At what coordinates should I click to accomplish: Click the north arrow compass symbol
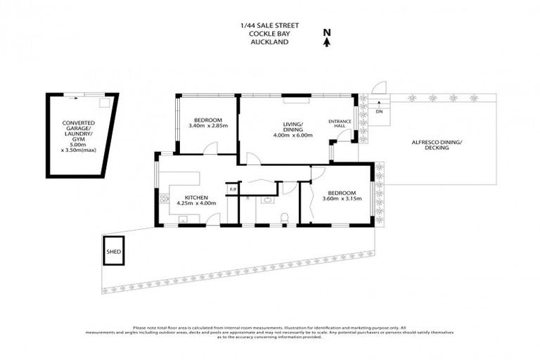coord(326,37)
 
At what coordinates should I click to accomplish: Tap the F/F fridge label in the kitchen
coord(233,188)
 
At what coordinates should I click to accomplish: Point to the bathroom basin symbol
coord(267,200)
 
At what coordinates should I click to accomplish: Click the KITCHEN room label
coord(195,198)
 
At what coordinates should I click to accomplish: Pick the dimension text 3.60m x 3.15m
coord(342,198)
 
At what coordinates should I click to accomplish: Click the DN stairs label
coord(379,112)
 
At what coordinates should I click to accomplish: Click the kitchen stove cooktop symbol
coord(163,199)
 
